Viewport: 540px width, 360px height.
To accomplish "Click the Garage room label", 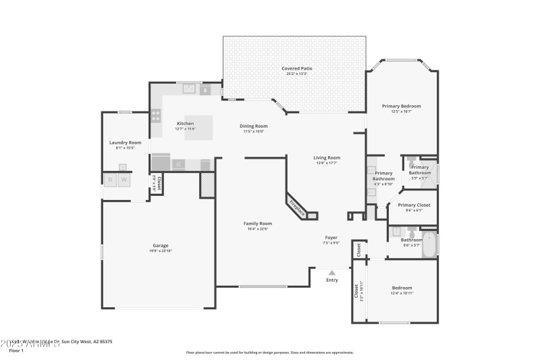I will tap(160, 245).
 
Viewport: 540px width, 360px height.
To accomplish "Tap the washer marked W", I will tap(124, 180).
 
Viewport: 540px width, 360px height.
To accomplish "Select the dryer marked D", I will tap(110, 180).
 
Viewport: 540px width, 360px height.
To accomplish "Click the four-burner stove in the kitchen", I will tap(156, 115).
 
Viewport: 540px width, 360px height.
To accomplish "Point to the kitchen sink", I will tap(190, 88).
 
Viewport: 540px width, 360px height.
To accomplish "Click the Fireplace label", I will tap(297, 208).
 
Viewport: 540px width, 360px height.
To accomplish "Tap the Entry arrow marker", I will tap(331, 272).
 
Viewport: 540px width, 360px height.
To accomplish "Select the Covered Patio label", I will tap(295, 68).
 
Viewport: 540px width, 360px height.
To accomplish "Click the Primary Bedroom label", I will tap(401, 106).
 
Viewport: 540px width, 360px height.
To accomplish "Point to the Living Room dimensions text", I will tap(327, 163).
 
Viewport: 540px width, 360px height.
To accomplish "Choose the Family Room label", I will tap(257, 224).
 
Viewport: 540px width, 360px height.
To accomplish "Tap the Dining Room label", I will tap(254, 126).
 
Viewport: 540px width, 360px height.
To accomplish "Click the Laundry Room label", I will tap(126, 142).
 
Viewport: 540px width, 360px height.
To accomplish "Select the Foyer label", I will tap(331, 237).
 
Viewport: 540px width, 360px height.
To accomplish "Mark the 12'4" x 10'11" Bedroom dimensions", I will tap(401, 293).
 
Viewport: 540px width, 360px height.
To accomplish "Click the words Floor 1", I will tap(16, 351).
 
